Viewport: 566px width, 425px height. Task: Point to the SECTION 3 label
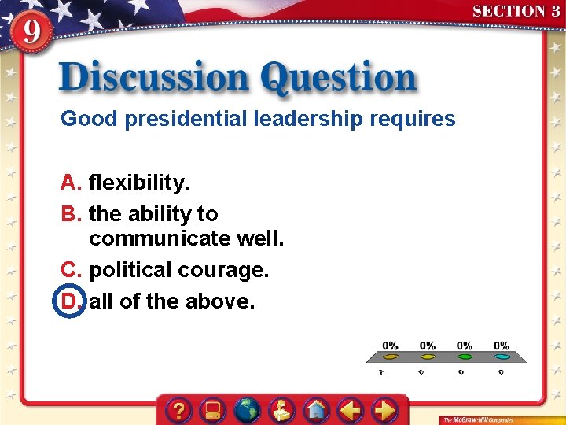coord(516,11)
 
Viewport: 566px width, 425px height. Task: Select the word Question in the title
coord(338,79)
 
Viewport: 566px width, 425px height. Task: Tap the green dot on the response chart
coord(465,357)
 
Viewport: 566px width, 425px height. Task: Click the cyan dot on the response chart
coord(502,357)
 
